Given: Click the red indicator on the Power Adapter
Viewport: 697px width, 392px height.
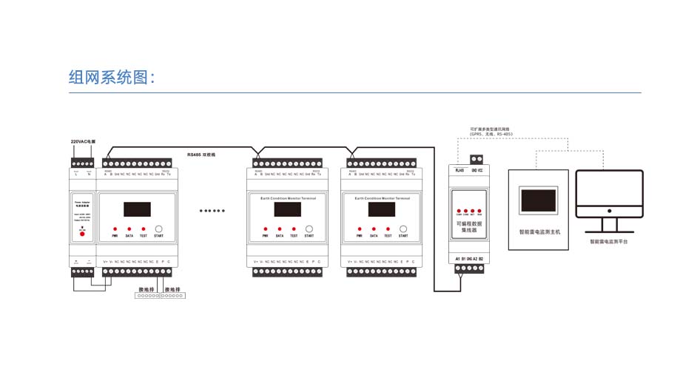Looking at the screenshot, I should click(82, 234).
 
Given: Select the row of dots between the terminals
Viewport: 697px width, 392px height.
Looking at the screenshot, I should click(212, 211).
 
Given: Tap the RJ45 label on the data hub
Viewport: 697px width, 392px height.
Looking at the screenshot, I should click(459, 170).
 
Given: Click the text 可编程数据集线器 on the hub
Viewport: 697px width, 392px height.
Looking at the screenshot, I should click(466, 226).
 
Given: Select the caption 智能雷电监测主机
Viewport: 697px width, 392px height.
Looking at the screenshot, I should click(539, 232).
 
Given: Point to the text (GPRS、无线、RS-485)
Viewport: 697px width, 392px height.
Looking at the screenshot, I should click(491, 134).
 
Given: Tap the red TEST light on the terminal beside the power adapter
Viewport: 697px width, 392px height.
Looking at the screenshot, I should click(144, 229).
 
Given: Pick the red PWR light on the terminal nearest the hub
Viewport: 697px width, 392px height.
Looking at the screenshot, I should click(359, 229).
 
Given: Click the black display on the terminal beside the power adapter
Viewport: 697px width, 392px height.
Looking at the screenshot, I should click(137, 209).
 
